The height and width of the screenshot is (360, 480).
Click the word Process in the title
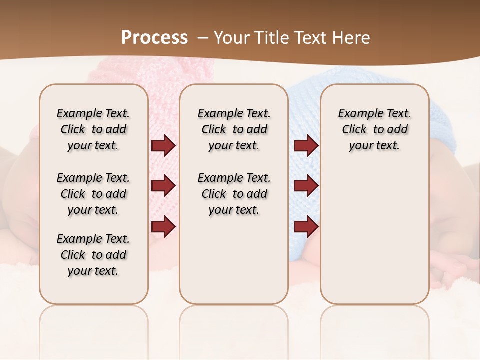[154, 37]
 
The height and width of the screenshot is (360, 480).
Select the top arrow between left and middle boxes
[163, 146]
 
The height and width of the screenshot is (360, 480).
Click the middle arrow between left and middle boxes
[163, 186]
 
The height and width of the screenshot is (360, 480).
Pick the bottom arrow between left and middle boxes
[163, 226]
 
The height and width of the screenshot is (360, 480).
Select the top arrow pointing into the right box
[306, 146]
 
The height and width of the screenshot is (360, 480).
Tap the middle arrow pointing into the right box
[306, 186]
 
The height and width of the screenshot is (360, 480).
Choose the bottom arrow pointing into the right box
[306, 226]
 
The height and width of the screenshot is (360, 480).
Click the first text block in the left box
[93, 129]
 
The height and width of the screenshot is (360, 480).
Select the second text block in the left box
[93, 194]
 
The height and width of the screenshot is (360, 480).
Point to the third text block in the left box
[93, 255]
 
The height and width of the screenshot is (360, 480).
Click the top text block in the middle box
[234, 129]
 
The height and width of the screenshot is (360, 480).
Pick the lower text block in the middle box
[234, 194]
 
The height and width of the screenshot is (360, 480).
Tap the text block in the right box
[374, 129]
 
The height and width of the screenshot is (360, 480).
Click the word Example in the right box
[356, 114]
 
